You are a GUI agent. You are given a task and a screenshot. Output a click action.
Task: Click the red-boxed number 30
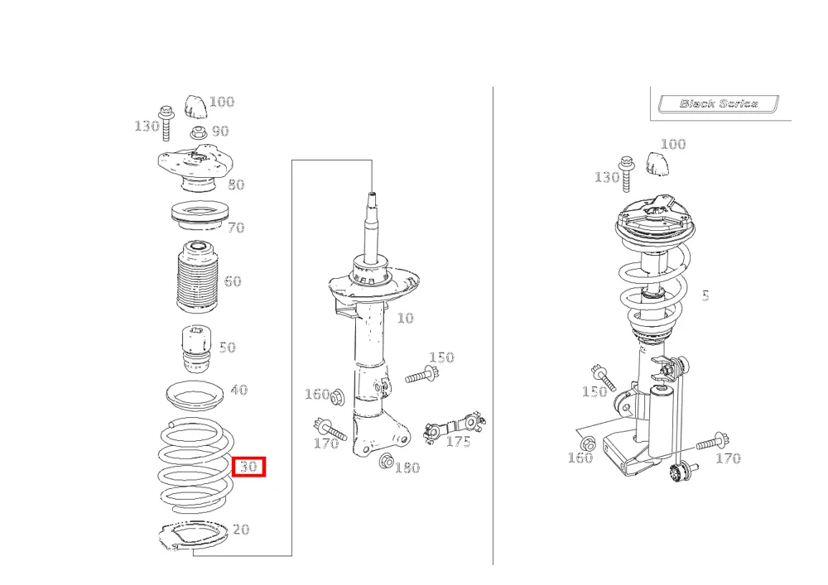click(x=248, y=467)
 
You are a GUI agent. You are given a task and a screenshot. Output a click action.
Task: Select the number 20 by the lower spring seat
click(x=241, y=529)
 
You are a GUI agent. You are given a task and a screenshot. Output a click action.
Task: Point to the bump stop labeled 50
click(x=196, y=349)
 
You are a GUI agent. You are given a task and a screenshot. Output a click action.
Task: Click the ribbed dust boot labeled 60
click(x=197, y=277)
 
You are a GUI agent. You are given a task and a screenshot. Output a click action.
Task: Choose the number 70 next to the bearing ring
click(x=236, y=228)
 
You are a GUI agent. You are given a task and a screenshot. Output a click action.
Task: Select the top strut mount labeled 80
click(x=195, y=167)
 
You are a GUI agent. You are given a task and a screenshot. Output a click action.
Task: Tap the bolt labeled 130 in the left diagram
click(x=166, y=123)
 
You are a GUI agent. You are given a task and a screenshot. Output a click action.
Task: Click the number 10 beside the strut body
click(x=405, y=318)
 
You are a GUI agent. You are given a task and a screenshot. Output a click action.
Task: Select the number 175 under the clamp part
click(x=458, y=441)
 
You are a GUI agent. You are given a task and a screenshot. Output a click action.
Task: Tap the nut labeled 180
click(x=386, y=462)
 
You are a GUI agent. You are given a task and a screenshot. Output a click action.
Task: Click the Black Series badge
click(x=718, y=103)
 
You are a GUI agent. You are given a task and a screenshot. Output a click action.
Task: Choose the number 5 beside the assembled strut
click(x=705, y=296)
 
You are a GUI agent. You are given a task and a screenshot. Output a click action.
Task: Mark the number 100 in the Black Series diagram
click(x=673, y=144)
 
